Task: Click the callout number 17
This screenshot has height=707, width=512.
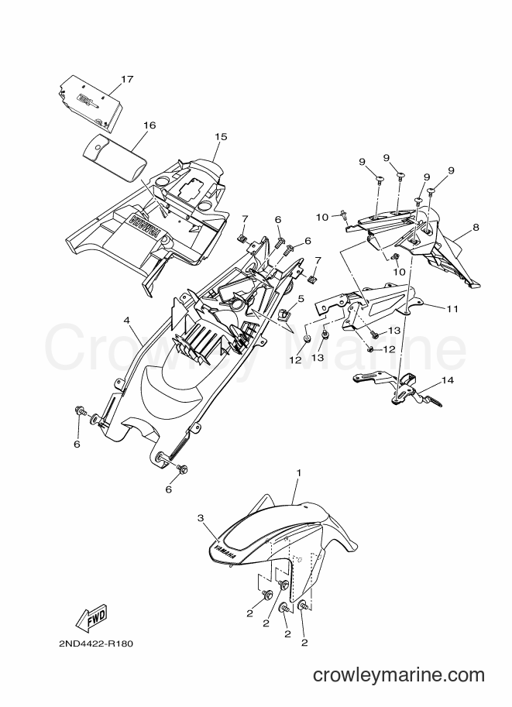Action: click(127, 79)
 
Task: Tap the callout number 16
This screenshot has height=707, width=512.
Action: click(149, 125)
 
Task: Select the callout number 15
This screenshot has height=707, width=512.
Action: click(221, 136)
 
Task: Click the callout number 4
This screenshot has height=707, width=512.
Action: click(127, 320)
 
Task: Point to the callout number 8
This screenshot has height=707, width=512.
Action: click(476, 228)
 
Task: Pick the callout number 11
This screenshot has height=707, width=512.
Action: click(452, 309)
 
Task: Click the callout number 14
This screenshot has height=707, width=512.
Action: click(448, 380)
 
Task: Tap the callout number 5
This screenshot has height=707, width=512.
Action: click(301, 298)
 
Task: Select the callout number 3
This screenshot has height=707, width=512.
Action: click(201, 519)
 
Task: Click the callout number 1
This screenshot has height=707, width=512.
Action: click(298, 473)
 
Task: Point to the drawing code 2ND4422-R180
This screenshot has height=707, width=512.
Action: click(95, 644)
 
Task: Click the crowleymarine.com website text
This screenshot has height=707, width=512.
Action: click(399, 675)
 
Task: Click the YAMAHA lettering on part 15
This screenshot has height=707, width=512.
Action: click(146, 226)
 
